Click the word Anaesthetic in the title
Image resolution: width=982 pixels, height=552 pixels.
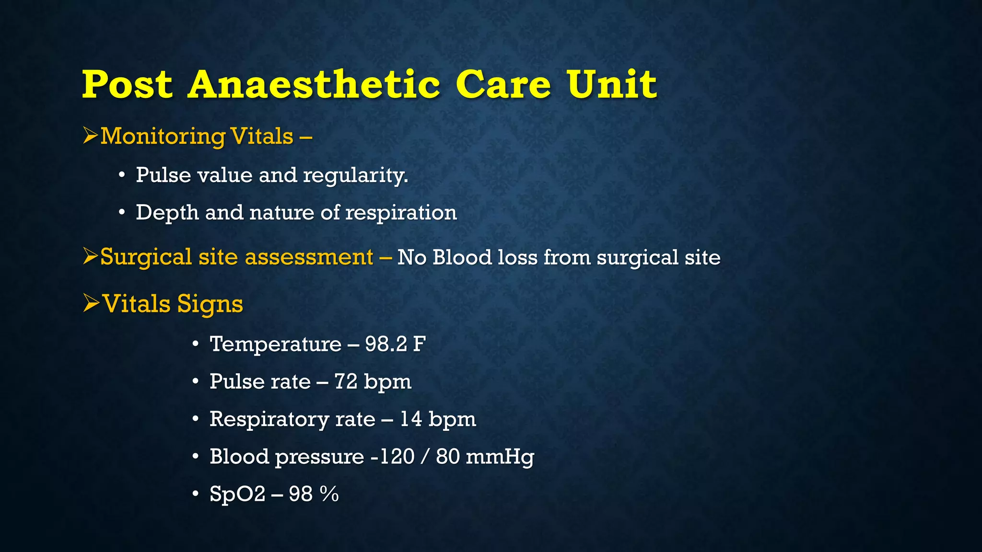[x=314, y=84]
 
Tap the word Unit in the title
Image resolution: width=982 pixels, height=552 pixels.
[x=611, y=84]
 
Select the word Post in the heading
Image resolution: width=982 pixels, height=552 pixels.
[x=127, y=84]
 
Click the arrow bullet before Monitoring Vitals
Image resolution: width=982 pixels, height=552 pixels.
[x=90, y=136]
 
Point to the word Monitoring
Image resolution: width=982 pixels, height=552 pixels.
[x=163, y=137]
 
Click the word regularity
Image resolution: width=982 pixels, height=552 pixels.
[x=355, y=176]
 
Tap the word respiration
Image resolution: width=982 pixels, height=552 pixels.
[x=401, y=213]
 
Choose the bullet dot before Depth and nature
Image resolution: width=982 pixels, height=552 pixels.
[x=122, y=212]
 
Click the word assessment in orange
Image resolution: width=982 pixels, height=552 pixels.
[x=309, y=257]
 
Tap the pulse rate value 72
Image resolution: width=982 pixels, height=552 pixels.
[x=346, y=382]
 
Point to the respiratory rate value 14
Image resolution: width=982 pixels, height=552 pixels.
[x=411, y=419]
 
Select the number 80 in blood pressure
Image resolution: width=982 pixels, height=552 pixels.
[x=447, y=456]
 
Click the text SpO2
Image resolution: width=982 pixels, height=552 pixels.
[x=237, y=494]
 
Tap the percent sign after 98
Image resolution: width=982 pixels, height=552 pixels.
[x=329, y=494]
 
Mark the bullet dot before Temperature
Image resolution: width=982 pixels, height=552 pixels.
[x=196, y=344]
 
